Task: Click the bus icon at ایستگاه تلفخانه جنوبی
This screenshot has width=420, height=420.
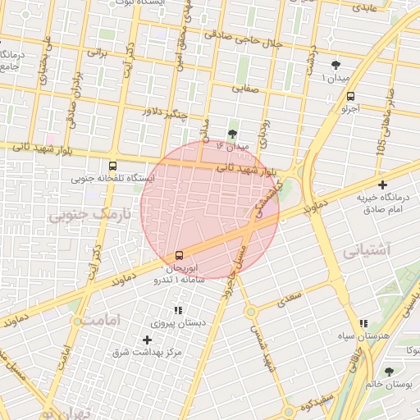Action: point(112,164)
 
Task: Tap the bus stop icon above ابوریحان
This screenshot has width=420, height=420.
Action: point(180,255)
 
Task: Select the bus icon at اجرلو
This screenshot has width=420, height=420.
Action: point(351,95)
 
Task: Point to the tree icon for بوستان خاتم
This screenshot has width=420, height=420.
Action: point(389,371)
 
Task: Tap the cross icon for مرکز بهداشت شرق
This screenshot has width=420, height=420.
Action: point(148,340)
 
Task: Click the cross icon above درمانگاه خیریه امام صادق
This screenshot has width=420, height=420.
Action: point(382,185)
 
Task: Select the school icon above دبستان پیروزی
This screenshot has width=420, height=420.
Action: point(177,310)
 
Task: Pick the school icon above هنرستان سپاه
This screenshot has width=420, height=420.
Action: point(363,324)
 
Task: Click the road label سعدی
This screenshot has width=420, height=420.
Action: point(290,298)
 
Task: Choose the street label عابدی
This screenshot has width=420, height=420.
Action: point(364,7)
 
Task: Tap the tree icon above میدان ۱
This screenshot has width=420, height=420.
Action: point(335,65)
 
